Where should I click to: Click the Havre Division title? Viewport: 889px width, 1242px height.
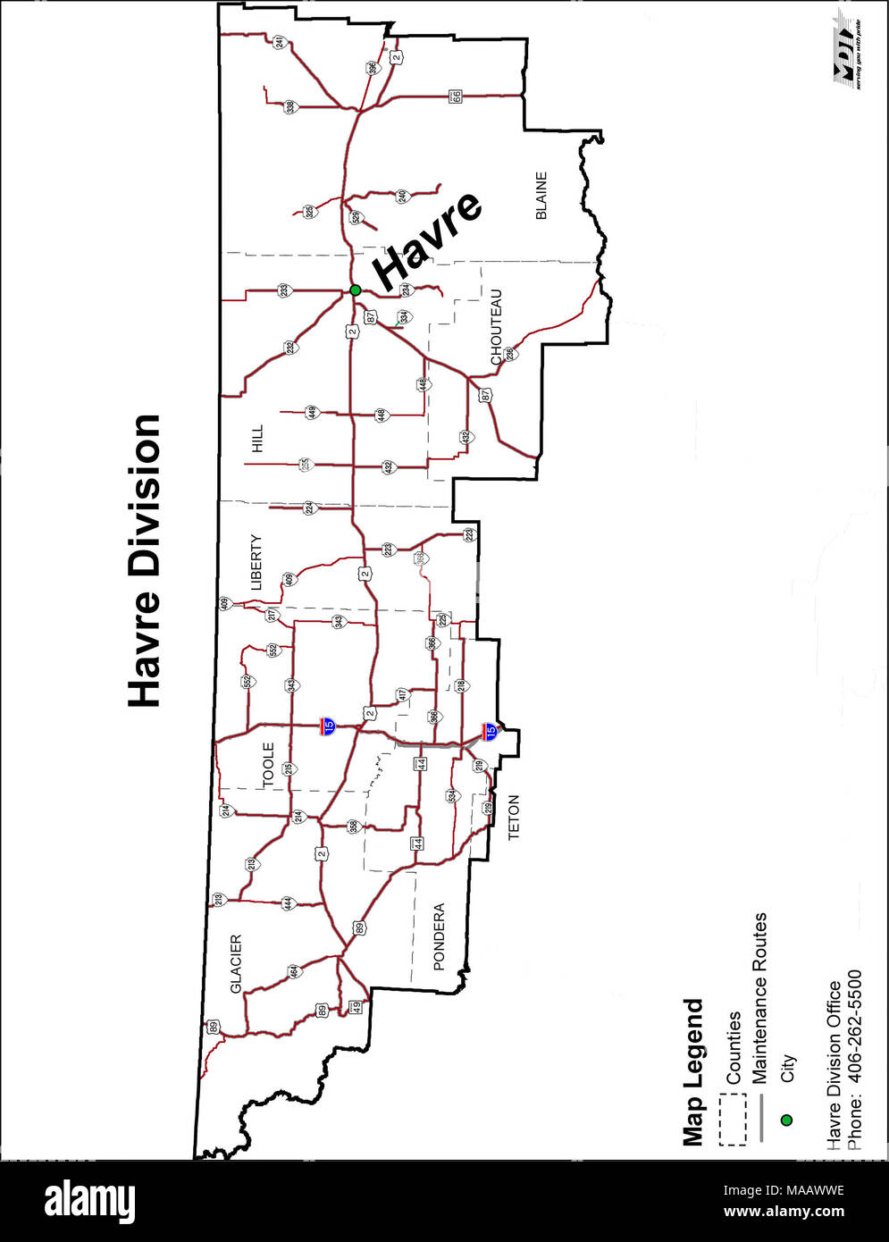144,560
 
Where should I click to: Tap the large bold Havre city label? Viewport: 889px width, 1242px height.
427,240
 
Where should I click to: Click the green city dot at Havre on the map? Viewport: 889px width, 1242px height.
356,290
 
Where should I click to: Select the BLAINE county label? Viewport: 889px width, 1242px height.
541,196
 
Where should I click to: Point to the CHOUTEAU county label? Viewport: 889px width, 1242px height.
497,327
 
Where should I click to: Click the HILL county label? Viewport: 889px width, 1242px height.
258,438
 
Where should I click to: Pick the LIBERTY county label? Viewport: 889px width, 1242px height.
256,562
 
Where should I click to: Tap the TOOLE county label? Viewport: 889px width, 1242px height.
269,765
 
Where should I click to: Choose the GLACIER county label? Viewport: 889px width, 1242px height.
237,963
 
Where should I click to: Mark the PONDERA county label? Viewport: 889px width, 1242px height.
439,936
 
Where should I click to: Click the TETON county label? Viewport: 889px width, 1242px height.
514,817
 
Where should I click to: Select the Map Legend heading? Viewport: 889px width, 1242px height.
693,1071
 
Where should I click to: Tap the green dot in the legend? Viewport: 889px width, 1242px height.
786,1120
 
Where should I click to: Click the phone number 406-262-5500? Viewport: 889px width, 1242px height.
855,1059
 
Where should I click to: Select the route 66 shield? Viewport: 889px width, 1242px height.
456,96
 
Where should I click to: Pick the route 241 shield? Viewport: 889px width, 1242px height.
280,42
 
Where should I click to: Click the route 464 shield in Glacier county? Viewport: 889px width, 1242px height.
293,971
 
